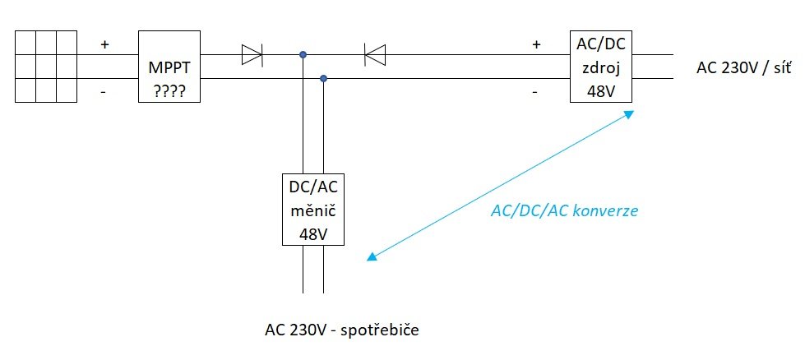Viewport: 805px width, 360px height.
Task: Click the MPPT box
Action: pyautogui.click(x=169, y=66)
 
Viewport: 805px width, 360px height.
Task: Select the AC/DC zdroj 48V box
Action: pyautogui.click(x=601, y=66)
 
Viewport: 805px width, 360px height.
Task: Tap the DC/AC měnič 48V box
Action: pyautogui.click(x=313, y=210)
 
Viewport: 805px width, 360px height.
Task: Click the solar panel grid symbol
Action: pyautogui.click(x=46, y=66)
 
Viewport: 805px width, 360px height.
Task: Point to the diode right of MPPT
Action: pyautogui.click(x=252, y=54)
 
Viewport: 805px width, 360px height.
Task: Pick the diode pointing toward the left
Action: pyautogui.click(x=375, y=54)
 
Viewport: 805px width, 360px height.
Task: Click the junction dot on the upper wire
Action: pyautogui.click(x=303, y=54)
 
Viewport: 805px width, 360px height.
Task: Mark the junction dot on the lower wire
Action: pyautogui.click(x=323, y=78)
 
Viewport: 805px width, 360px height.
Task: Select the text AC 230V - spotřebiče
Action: pyautogui.click(x=342, y=330)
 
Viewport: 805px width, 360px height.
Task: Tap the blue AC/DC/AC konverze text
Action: pyautogui.click(x=564, y=210)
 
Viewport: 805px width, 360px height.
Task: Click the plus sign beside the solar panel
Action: pyautogui.click(x=104, y=44)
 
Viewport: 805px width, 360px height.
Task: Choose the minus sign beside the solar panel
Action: pyautogui.click(x=104, y=92)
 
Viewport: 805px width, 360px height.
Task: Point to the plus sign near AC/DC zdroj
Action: pyautogui.click(x=536, y=44)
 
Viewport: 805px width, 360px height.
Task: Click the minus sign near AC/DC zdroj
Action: pyautogui.click(x=535, y=92)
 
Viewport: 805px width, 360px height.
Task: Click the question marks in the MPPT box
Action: pyautogui.click(x=169, y=91)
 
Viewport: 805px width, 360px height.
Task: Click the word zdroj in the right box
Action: pyautogui.click(x=601, y=67)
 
